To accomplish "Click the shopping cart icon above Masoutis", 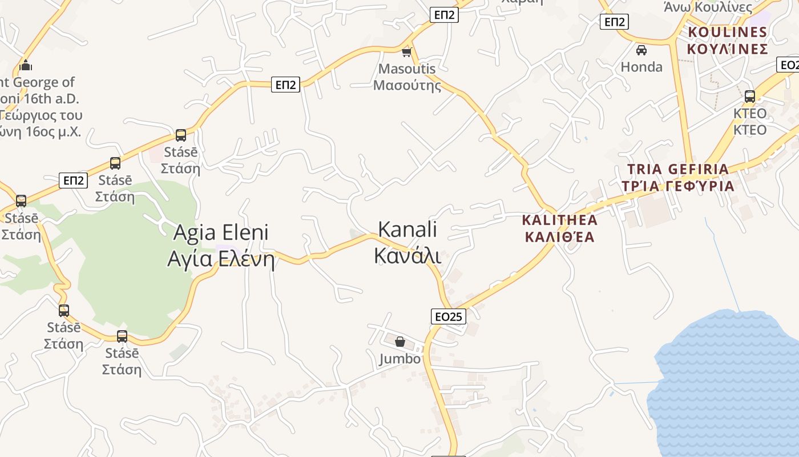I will click(406, 53).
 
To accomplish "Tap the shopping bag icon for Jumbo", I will click(400, 342).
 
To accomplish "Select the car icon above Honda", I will click(641, 50).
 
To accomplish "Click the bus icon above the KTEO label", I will click(750, 97).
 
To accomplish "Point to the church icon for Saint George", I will click(26, 66).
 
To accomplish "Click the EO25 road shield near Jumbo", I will click(448, 316).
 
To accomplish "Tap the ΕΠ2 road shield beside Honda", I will click(614, 22).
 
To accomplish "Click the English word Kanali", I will click(407, 230).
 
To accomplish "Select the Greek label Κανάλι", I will click(407, 256).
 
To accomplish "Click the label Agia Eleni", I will click(220, 233).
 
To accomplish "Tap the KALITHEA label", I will click(559, 220).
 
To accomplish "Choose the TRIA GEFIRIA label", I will click(677, 169).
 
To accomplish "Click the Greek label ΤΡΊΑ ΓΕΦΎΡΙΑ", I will click(677, 186).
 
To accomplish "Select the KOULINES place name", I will click(727, 32).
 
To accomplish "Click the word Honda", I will click(641, 67).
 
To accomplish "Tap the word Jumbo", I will click(400, 359).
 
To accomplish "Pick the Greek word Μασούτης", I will click(407, 86).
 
